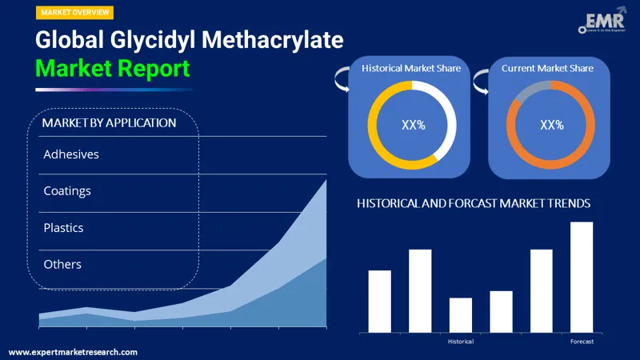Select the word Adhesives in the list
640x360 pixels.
(x=71, y=154)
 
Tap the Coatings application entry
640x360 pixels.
(x=67, y=190)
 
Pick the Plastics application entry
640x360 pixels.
(x=64, y=227)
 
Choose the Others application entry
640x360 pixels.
(x=62, y=264)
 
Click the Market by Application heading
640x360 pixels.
(x=109, y=122)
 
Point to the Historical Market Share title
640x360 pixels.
(x=411, y=69)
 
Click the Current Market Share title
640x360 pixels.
(x=548, y=69)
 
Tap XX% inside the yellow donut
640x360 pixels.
(x=412, y=125)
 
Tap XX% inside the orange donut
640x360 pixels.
(x=552, y=125)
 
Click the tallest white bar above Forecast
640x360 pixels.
(x=582, y=277)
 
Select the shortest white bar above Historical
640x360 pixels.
(x=461, y=314)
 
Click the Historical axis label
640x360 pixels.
(x=461, y=342)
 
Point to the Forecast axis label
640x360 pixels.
(x=582, y=342)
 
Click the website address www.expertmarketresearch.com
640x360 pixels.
(x=73, y=352)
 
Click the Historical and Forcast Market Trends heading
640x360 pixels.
(x=474, y=204)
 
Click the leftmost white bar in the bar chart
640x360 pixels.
(x=380, y=301)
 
